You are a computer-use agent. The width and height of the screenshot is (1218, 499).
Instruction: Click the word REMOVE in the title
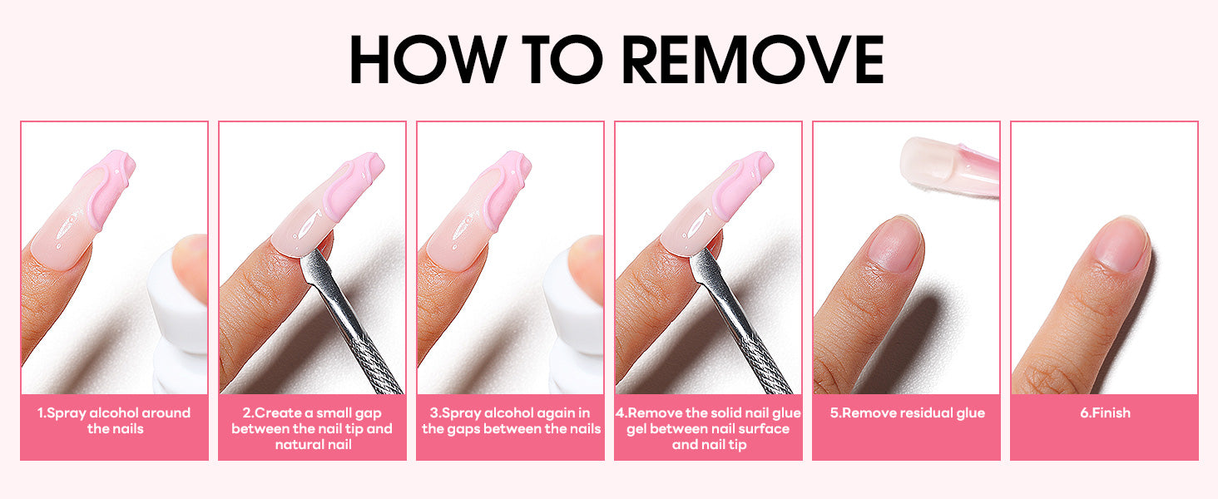pos(753,59)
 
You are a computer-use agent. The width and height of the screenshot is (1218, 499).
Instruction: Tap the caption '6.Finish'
pos(1105,413)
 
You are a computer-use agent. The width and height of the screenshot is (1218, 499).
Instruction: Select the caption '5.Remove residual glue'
pos(907,413)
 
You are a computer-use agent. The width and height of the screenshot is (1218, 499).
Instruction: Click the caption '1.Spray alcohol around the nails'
pos(114,421)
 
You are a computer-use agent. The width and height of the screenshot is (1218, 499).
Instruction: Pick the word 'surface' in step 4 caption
pos(764,429)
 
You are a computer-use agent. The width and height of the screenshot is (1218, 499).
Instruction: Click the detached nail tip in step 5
pos(949,167)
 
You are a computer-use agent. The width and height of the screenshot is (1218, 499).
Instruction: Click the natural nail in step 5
pos(894,243)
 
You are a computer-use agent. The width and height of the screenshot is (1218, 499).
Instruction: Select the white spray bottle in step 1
pos(180,315)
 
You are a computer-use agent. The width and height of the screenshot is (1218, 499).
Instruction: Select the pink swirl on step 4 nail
pos(742,185)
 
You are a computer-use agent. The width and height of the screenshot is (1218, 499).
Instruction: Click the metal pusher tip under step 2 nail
pos(315,266)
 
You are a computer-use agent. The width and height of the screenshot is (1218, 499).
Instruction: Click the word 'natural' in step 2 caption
pos(314,445)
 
